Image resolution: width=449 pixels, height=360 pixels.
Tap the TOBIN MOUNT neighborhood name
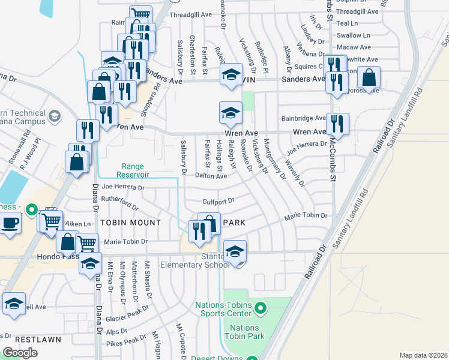[131, 223]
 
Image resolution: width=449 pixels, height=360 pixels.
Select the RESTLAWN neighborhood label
[38, 340]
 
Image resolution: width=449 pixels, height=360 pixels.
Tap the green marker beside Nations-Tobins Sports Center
[260, 309]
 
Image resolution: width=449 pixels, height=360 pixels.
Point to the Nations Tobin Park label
[244, 332]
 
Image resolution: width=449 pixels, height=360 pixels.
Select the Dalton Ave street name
[211, 176]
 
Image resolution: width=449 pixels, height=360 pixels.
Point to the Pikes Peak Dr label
[126, 341]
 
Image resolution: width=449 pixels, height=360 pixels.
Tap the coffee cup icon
[10, 223]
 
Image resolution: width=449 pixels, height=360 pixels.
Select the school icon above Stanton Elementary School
[235, 251]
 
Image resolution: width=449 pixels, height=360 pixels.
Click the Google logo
[20, 353]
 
